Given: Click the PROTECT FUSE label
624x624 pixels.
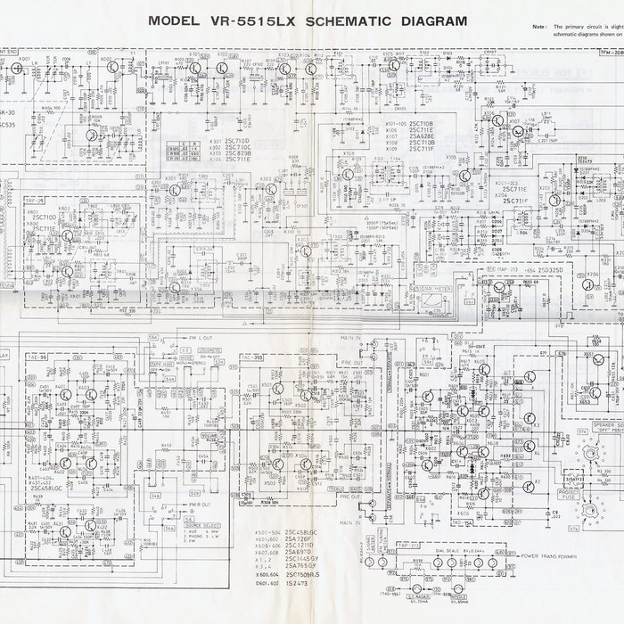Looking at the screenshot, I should pos(569,494).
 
